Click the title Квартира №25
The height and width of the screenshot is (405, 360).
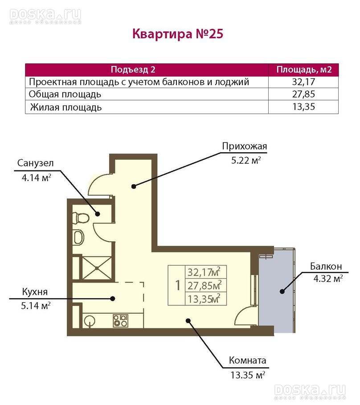[178, 34]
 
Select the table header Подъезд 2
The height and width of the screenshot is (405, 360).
[133, 69]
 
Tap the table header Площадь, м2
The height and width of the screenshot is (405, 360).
[304, 69]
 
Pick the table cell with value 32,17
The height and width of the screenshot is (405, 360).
[303, 82]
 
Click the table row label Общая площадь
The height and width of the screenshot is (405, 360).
[65, 94]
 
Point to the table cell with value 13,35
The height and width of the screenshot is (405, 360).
[303, 107]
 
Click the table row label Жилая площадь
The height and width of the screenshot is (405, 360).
[66, 107]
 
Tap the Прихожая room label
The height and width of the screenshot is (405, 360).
[245, 146]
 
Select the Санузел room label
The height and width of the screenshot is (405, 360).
[36, 163]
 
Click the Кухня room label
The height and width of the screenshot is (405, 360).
[35, 292]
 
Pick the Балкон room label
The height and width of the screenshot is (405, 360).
[326, 266]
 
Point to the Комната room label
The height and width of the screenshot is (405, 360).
[248, 360]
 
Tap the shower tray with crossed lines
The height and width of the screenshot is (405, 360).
[97, 267]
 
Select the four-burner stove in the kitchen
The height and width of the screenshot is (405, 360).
[120, 320]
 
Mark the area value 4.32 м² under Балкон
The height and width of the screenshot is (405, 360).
[328, 279]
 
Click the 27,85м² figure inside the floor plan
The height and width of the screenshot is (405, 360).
[205, 286]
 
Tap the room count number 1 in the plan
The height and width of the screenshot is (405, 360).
[178, 286]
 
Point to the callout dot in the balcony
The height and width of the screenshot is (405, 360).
[282, 292]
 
